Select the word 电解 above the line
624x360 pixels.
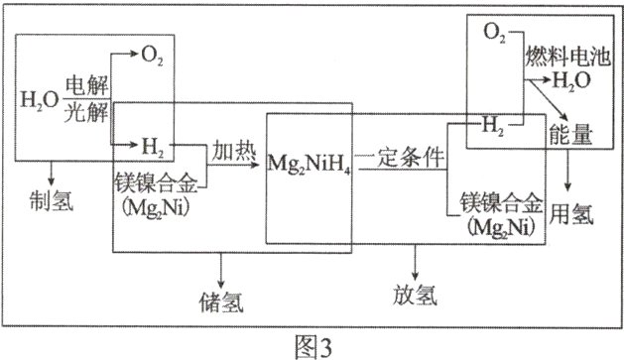86,85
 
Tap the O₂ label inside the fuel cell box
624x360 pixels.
494,35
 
